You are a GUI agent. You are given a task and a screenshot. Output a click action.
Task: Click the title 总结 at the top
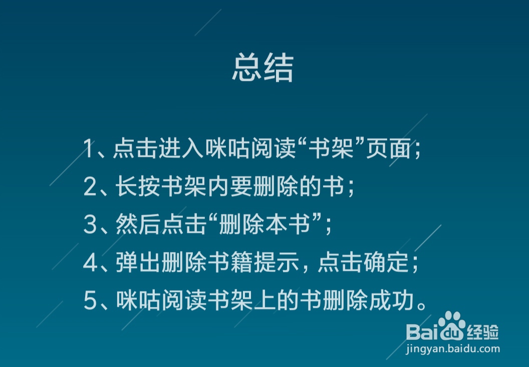click(262, 68)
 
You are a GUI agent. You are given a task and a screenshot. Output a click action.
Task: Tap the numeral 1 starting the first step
click(89, 149)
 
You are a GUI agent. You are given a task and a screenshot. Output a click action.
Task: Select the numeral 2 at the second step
click(90, 187)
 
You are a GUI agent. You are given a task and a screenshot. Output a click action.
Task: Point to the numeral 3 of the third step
click(90, 225)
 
